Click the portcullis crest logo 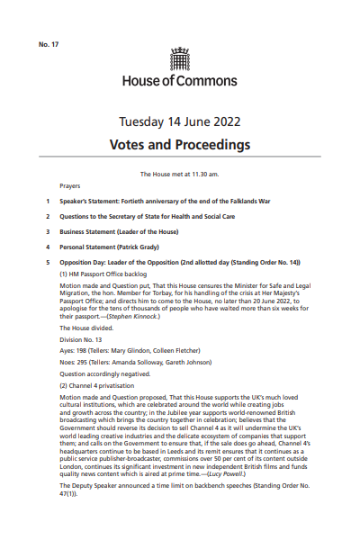coord(180,59)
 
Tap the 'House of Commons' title coord(180,81)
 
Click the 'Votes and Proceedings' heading coord(180,144)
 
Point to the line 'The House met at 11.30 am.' coord(180,173)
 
